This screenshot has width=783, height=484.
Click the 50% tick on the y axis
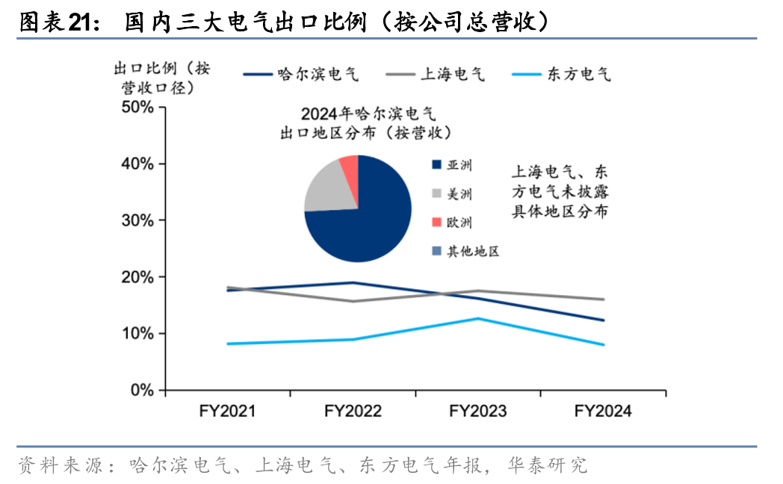[137, 108]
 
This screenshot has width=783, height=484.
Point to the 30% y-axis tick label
[137, 221]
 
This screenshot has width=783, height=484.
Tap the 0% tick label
[142, 390]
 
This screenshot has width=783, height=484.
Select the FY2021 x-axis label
[228, 412]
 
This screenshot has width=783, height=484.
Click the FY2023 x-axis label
[478, 412]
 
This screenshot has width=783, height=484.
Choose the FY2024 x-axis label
[603, 412]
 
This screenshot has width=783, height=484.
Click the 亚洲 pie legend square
[436, 166]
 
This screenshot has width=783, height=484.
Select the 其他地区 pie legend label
[472, 251]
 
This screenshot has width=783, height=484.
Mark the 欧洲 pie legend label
[459, 223]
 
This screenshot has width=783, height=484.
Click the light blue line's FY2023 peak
[478, 319]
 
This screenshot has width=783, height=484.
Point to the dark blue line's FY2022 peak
[353, 283]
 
